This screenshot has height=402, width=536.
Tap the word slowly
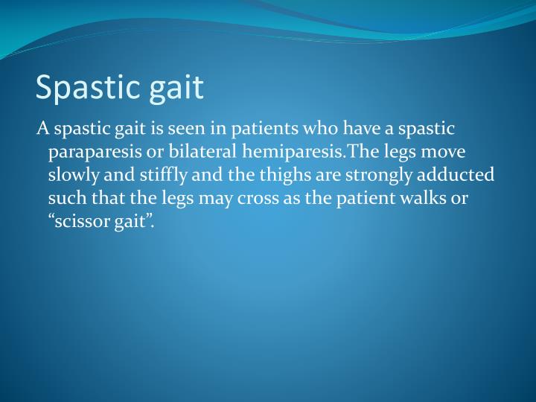tap(73, 176)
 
